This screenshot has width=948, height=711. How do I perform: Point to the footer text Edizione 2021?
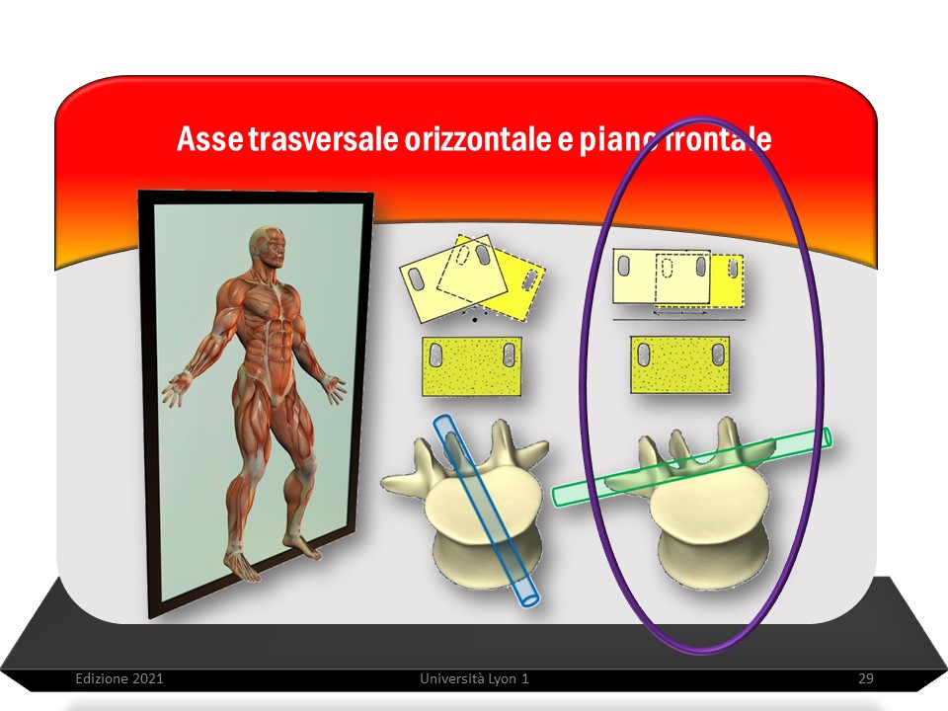(x=119, y=678)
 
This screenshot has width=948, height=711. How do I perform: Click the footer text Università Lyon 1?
(x=474, y=678)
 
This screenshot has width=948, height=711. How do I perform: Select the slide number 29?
(x=866, y=678)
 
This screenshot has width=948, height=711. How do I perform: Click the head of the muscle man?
(x=269, y=247)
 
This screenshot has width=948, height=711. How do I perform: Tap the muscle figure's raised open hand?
(x=176, y=391)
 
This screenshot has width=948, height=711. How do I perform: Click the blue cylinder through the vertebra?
(x=486, y=511)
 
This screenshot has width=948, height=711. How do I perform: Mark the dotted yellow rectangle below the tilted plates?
(x=472, y=366)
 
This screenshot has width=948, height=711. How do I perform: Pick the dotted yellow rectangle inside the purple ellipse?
(x=679, y=364)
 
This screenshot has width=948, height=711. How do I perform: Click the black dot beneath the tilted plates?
(x=475, y=319)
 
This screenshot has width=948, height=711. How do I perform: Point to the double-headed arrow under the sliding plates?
(x=679, y=313)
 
